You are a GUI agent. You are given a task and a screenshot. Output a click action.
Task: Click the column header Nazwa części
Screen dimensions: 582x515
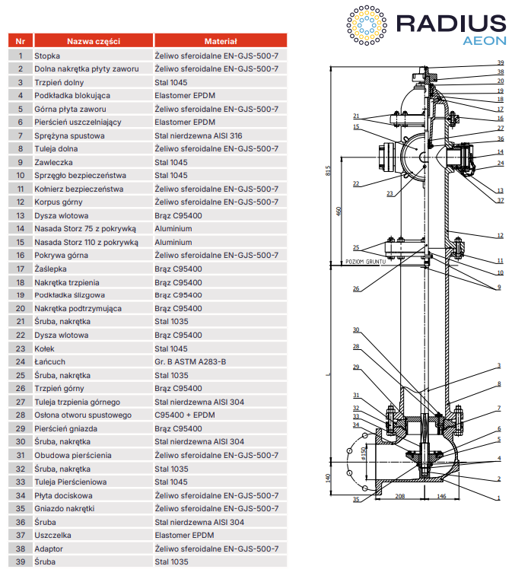93,41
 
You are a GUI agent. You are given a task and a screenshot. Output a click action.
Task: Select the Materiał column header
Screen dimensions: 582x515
221,41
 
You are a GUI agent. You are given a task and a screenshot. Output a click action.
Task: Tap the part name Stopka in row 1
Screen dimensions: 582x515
46,56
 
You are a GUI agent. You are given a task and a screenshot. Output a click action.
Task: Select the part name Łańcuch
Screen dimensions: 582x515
50,361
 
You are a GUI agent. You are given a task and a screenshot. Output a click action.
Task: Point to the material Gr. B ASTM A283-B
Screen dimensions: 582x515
190,361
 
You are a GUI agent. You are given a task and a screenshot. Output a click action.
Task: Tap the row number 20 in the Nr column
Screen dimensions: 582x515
20,308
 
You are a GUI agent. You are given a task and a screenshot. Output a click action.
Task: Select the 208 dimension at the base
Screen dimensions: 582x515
400,495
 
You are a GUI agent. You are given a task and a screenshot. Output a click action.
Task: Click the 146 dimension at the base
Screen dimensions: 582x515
441,495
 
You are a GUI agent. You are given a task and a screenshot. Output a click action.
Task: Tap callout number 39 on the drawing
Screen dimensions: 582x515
501,62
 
